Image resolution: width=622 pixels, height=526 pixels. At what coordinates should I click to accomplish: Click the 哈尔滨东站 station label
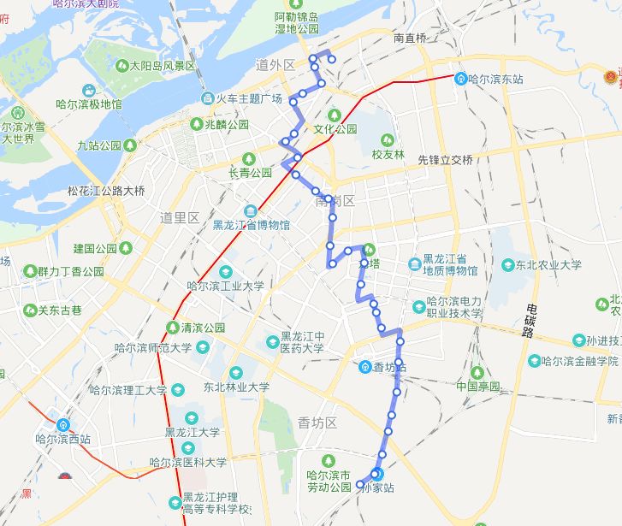(496, 79)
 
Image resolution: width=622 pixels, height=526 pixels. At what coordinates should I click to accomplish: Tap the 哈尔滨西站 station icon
(63, 424)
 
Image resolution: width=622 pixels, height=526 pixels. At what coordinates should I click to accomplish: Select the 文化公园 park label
(335, 129)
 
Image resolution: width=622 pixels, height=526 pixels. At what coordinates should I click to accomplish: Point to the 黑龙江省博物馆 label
(251, 225)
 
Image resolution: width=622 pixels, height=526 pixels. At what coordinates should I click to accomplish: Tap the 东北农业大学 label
(548, 265)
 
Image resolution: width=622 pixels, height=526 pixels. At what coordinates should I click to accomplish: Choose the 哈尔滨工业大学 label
(225, 287)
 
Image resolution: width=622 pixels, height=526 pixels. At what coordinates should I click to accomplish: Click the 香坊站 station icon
(365, 368)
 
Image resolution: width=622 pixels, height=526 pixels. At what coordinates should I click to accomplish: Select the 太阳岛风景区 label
(162, 66)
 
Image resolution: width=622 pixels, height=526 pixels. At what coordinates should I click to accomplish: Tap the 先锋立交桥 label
(445, 159)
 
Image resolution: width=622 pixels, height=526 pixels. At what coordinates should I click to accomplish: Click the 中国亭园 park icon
(477, 372)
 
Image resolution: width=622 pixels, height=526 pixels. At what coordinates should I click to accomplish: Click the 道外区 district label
(275, 65)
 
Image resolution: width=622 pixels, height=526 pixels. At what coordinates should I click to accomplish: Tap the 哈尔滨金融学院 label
(583, 361)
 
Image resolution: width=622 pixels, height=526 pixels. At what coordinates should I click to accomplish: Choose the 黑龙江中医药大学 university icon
(273, 340)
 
